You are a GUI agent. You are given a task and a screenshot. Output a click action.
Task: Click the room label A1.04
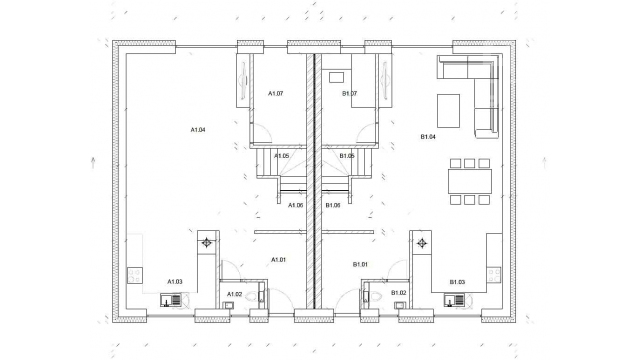pos(198,130)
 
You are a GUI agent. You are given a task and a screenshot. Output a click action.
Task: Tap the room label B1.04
pos(428,137)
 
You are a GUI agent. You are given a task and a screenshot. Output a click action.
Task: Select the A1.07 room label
pos(276,93)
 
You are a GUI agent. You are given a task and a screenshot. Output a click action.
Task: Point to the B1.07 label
pos(349,93)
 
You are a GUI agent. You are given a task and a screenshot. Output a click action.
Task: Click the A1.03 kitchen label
pos(175,282)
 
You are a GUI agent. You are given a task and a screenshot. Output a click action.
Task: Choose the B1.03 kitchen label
pos(458,282)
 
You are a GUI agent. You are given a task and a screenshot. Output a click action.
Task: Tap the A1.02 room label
pos(235,294)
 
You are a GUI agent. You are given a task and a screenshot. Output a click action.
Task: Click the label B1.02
pos(399,293)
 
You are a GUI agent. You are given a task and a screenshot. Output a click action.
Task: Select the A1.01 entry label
pos(279,260)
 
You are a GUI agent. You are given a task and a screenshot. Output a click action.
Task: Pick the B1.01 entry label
pos(360,264)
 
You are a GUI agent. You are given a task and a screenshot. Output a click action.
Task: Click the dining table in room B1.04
pos(470,181)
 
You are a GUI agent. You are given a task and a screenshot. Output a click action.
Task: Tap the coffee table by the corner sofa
pos(449,111)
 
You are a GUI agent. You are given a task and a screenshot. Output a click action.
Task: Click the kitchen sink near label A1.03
pos(171,300)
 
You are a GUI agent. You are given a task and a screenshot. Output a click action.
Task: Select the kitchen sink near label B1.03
pos(454,300)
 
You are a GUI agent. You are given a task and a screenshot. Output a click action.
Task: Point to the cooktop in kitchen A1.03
pos(135,276)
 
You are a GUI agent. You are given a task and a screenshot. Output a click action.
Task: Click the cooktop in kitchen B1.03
pos(494,276)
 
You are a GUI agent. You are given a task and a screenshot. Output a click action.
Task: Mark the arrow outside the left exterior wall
pos(93,162)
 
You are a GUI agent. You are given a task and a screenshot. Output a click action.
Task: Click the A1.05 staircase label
pos(282,156)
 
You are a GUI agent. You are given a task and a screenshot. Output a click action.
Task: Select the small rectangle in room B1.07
pos(336,77)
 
